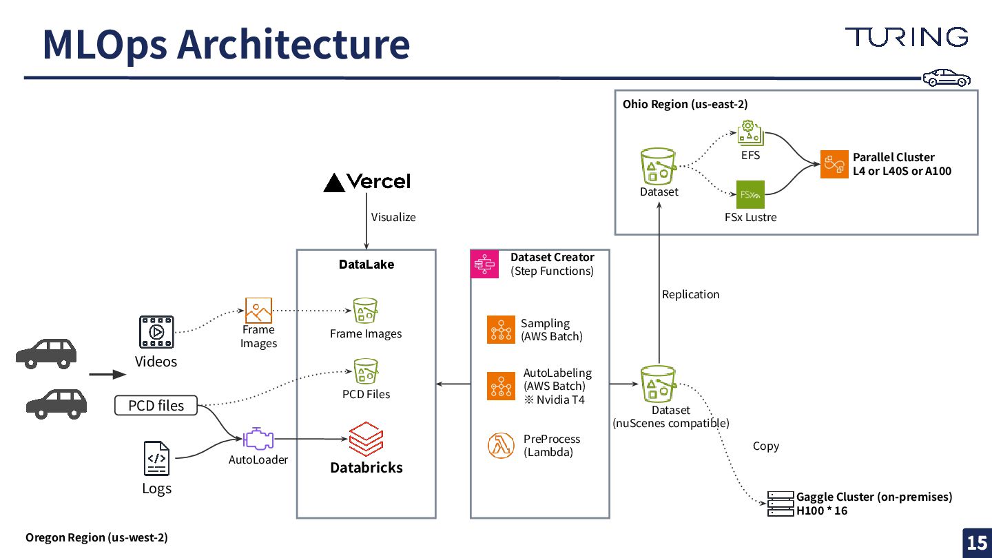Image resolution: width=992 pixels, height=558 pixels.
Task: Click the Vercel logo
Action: point(366,182)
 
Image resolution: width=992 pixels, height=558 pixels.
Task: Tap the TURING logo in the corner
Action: point(906,37)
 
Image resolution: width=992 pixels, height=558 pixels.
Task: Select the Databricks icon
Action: point(365,437)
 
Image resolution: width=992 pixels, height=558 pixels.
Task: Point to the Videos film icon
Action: point(156,332)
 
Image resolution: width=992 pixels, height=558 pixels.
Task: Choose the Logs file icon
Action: point(156,458)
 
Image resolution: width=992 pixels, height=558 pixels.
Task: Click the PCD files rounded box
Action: point(156,406)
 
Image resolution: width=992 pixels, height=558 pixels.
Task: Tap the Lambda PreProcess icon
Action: point(501,445)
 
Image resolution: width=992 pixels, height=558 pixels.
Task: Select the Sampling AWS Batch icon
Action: point(501,329)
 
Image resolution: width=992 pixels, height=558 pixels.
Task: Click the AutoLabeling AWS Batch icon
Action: point(501,386)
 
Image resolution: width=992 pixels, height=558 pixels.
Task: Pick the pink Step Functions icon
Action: point(484,265)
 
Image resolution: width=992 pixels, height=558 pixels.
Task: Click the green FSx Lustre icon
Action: point(750,194)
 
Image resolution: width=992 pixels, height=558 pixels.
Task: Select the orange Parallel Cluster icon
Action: point(834,165)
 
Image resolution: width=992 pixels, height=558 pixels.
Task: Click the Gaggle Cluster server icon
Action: point(781,504)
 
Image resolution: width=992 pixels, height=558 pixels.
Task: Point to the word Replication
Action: point(690,295)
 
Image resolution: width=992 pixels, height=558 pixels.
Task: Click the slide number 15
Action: point(977,543)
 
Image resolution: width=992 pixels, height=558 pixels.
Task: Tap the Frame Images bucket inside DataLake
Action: point(366,311)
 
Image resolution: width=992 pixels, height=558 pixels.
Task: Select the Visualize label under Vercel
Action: point(393,217)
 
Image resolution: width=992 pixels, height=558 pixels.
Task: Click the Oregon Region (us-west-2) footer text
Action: point(96,537)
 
